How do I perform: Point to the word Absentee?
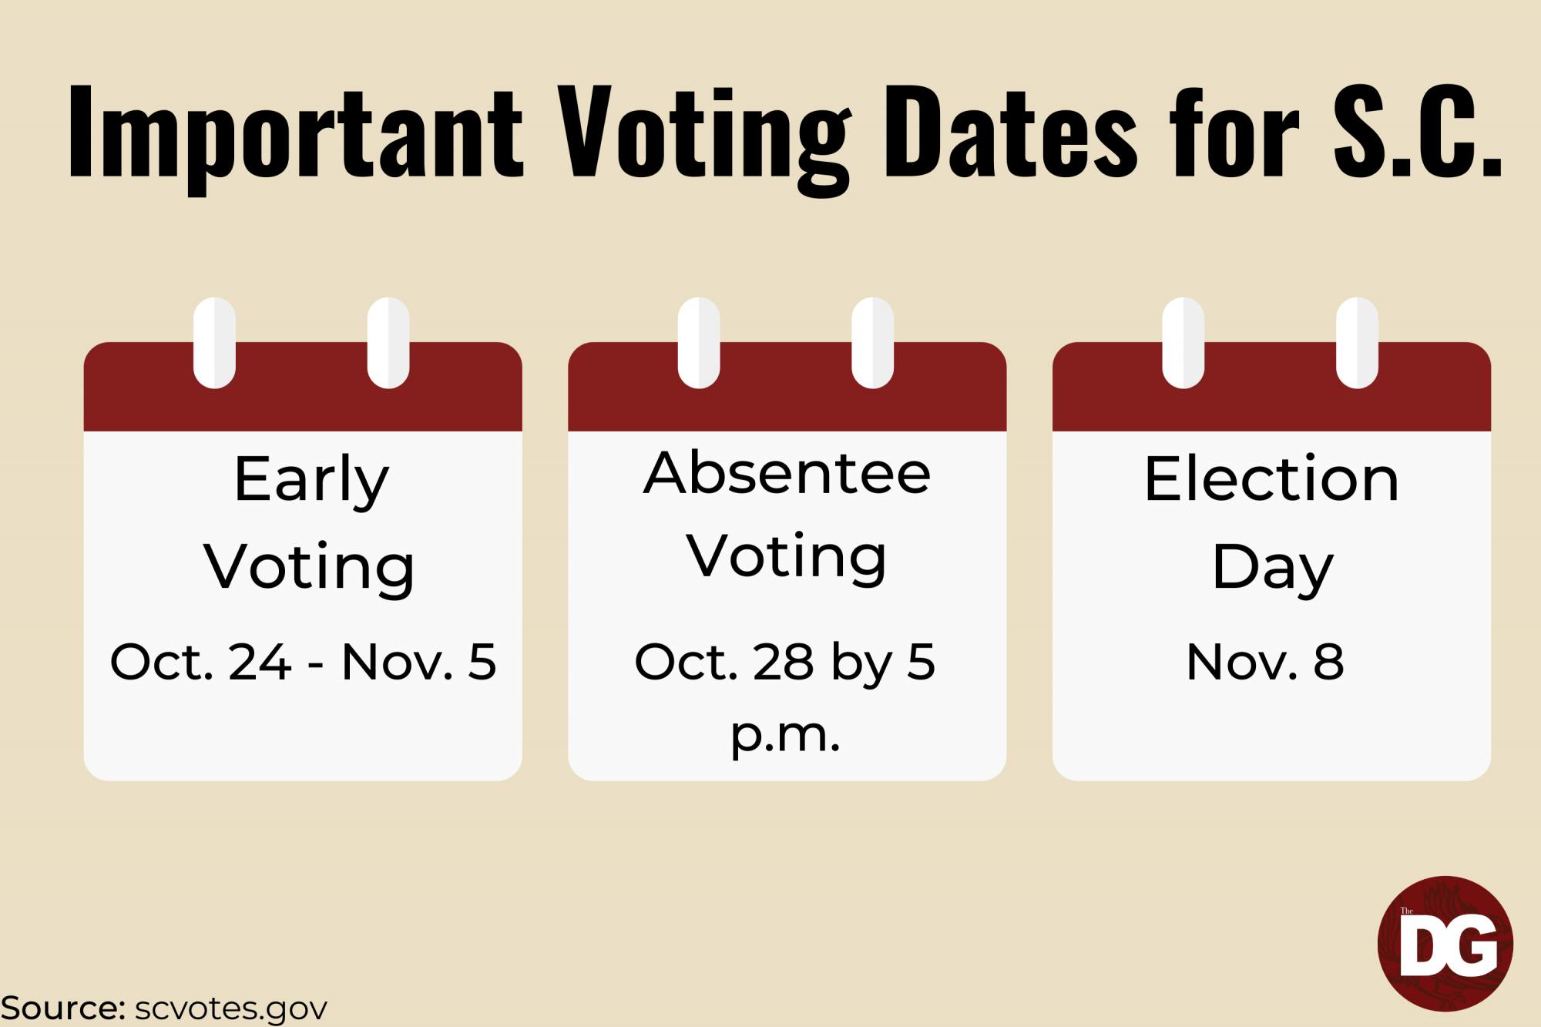(787, 473)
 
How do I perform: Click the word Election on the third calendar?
(1271, 479)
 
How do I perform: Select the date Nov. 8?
(1265, 662)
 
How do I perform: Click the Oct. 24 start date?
(201, 662)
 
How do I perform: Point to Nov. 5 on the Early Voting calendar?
(418, 662)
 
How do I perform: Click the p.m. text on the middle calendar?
(785, 736)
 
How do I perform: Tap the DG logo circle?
(1445, 944)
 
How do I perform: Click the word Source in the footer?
(63, 1008)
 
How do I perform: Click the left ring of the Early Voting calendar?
(214, 343)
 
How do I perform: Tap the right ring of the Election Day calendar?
(1357, 343)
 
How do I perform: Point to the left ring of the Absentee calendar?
(699, 343)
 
